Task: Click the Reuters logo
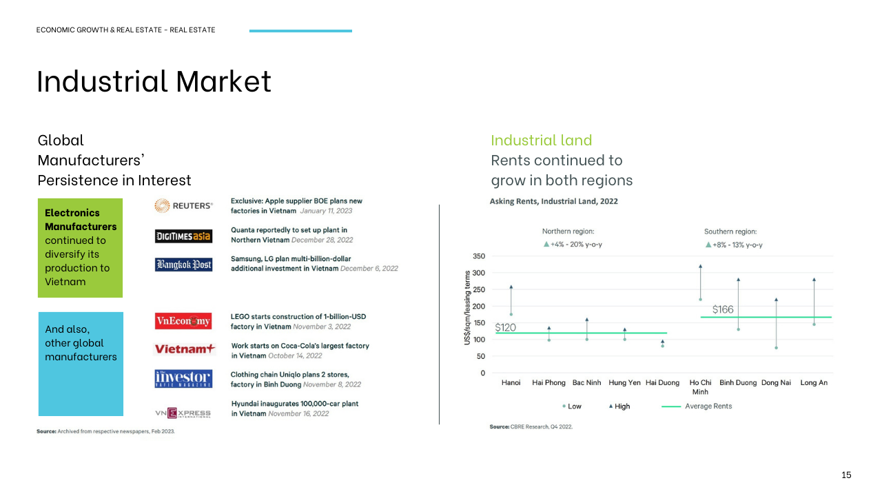(183, 205)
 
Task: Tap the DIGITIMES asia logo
(183, 236)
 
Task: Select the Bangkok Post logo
(183, 265)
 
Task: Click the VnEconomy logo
(183, 321)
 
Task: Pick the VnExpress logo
(183, 413)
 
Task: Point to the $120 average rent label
(505, 327)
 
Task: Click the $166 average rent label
(723, 309)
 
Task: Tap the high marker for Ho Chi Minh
(701, 267)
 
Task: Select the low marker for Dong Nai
(776, 348)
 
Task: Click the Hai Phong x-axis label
(548, 382)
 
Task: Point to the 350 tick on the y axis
(479, 256)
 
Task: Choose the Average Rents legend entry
(697, 406)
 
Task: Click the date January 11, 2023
(326, 211)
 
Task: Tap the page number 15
(846, 475)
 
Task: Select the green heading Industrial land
(541, 140)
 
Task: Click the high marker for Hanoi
(511, 287)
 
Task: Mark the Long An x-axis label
(814, 382)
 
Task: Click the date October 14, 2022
(295, 356)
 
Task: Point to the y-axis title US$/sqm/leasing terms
(467, 307)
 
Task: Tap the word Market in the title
(223, 81)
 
